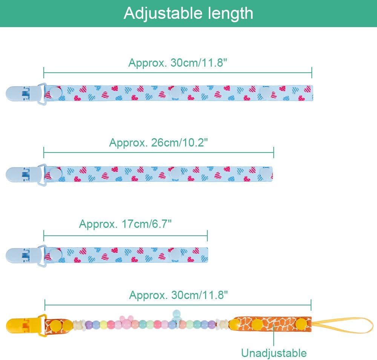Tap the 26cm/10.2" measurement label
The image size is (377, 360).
(158, 143)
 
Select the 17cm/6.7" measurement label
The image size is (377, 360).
(126, 224)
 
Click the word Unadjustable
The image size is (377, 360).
(274, 353)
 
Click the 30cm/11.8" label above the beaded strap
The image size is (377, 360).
(179, 295)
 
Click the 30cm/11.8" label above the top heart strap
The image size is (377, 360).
(178, 63)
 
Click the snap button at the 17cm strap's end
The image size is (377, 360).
(174, 255)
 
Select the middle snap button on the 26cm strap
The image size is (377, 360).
(174, 174)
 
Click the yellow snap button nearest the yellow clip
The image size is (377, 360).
(56, 325)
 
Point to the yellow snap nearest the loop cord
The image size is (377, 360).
(300, 324)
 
